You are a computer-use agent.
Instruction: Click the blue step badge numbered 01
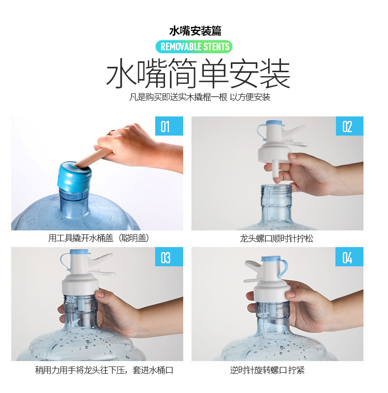click(169, 126)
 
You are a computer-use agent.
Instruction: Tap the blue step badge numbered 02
click(349, 126)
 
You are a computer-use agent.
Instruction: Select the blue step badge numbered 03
click(169, 256)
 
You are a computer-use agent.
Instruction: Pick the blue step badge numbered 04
click(349, 256)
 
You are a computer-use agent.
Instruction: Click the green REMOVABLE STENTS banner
click(194, 47)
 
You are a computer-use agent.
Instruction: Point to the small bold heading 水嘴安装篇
click(195, 31)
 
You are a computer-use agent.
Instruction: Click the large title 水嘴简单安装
click(198, 73)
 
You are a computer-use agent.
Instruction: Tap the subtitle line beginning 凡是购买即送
click(199, 97)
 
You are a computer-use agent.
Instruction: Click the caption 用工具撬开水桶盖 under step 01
click(99, 238)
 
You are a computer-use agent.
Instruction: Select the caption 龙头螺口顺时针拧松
click(277, 238)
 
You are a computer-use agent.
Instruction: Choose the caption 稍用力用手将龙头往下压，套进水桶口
click(104, 370)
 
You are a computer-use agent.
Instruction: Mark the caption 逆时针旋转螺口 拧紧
click(268, 370)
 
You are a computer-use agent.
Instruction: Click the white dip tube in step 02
click(276, 171)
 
